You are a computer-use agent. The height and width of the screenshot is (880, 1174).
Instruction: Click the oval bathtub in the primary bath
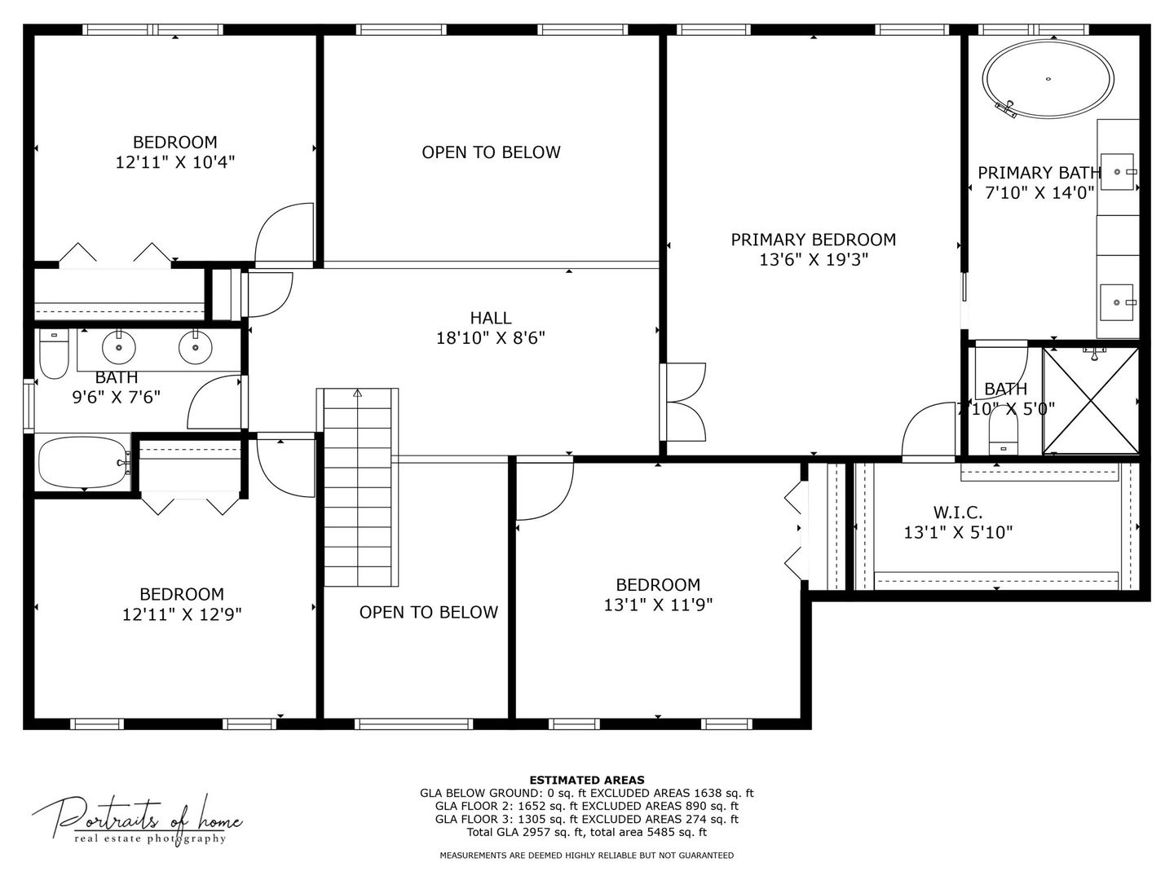pyautogui.click(x=1048, y=79)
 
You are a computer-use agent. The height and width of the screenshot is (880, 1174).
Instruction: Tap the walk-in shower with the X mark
pyautogui.click(x=1091, y=400)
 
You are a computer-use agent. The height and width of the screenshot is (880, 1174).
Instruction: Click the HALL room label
pyautogui.click(x=491, y=318)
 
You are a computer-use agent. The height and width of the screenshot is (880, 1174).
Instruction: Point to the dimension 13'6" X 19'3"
pyautogui.click(x=813, y=260)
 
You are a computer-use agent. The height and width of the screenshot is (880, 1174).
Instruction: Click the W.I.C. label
pyautogui.click(x=958, y=513)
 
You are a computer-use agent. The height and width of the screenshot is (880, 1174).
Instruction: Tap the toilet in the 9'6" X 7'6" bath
pyautogui.click(x=55, y=357)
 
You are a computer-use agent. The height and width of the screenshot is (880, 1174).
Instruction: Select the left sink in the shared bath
pyautogui.click(x=119, y=348)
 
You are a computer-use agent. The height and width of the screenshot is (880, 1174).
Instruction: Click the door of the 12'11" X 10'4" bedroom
pyautogui.click(x=285, y=234)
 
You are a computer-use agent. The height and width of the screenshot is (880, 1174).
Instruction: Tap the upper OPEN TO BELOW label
pyautogui.click(x=491, y=152)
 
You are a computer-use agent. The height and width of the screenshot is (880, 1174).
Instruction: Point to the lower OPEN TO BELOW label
pyautogui.click(x=428, y=612)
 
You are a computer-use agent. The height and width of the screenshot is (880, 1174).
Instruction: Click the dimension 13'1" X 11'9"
pyautogui.click(x=658, y=605)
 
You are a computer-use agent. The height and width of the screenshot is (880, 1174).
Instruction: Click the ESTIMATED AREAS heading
pyautogui.click(x=587, y=780)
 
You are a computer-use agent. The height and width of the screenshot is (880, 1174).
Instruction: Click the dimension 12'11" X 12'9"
pyautogui.click(x=182, y=614)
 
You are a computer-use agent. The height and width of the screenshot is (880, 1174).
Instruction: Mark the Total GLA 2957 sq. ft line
pyautogui.click(x=587, y=832)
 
